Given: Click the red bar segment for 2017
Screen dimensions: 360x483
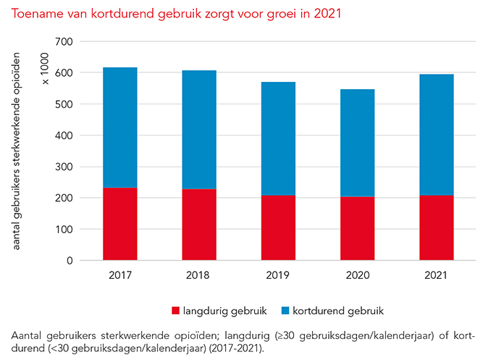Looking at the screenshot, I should click(120, 224).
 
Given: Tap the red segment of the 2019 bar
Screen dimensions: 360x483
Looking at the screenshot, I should click(277, 227).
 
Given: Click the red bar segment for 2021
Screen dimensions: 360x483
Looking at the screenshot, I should click(436, 227).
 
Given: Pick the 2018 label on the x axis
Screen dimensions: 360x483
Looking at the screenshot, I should click(198, 275).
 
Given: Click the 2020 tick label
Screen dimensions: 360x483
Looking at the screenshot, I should click(357, 275).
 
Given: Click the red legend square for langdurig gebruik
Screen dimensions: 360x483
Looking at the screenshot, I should click(175, 310).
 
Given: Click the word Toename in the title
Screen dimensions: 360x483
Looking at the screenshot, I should click(34, 13).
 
